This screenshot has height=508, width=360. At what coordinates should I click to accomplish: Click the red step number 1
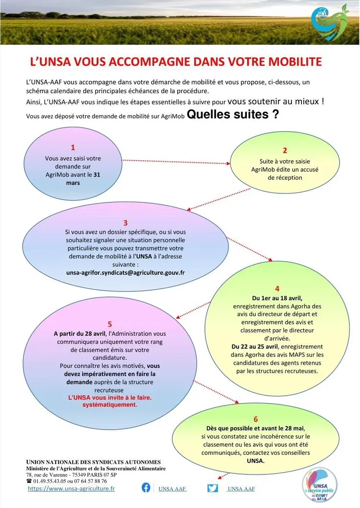pyautogui.click(x=73, y=148)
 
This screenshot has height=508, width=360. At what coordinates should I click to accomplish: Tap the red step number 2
pyautogui.click(x=285, y=151)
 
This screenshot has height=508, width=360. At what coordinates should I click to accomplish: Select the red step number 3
pyautogui.click(x=125, y=223)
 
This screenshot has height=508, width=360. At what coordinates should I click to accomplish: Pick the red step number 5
pyautogui.click(x=110, y=324)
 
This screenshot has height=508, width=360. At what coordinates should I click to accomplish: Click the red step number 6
pyautogui.click(x=256, y=419)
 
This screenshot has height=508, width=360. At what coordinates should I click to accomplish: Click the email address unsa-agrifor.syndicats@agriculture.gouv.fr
pyautogui.click(x=125, y=272)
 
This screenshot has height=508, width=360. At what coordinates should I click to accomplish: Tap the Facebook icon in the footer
pyautogui.click(x=146, y=488)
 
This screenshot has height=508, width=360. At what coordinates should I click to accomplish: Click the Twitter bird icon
pyautogui.click(x=213, y=488)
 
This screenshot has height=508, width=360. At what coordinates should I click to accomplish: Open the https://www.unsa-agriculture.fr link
pyautogui.click(x=72, y=488)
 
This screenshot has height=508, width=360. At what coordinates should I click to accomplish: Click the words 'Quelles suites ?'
pyautogui.click(x=233, y=115)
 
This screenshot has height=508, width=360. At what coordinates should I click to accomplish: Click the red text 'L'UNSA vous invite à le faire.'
pyautogui.click(x=109, y=398)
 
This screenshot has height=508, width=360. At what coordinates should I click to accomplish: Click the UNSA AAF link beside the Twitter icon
pyautogui.click(x=241, y=489)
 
